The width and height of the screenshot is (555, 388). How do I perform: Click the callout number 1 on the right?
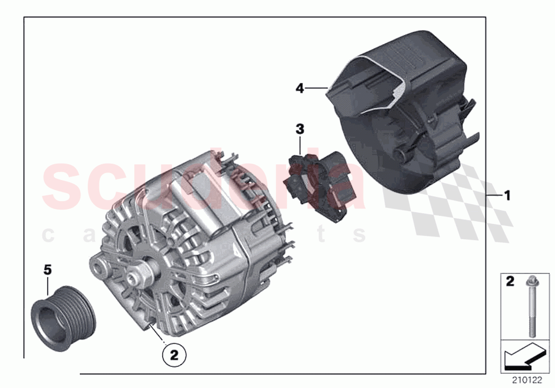click(x=507, y=196)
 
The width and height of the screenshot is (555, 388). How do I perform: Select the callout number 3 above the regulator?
click(x=300, y=129)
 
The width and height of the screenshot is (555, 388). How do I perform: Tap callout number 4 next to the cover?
click(x=300, y=89)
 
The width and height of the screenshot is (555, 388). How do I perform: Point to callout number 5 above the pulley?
click(x=48, y=270)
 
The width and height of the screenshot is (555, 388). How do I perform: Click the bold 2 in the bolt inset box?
click(x=510, y=282)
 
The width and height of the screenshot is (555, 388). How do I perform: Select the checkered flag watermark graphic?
click(x=449, y=201)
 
